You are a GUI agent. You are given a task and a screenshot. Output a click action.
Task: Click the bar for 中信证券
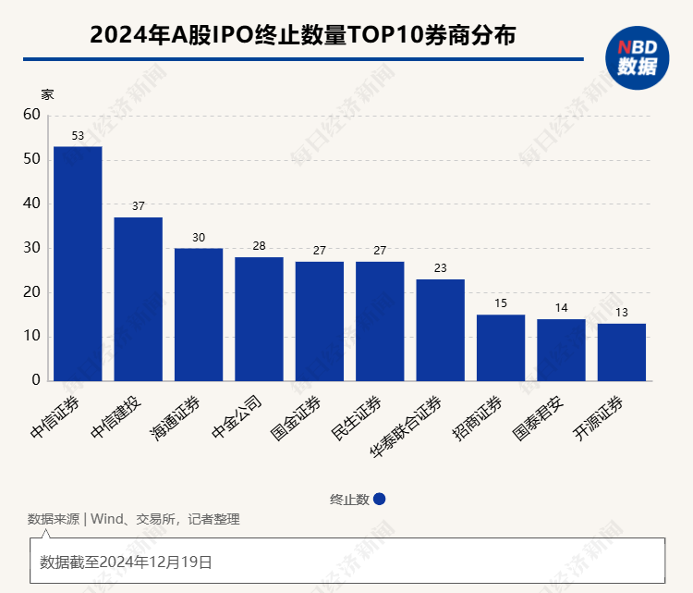tap(78, 264)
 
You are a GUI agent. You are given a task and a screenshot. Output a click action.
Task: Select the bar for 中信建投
tap(139, 299)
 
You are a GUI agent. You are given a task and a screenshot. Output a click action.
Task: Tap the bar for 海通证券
tap(199, 315)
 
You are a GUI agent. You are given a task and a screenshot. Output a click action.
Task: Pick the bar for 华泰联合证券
tap(440, 330)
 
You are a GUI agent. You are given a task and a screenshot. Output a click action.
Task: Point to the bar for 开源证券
tap(621, 352)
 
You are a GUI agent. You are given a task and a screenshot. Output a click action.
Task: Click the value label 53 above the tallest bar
tap(78, 136)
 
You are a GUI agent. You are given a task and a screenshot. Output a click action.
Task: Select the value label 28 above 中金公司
tap(259, 247)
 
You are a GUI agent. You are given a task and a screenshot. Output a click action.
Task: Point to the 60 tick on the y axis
tap(32, 115)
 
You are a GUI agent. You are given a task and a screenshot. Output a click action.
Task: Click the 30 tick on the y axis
tap(32, 248)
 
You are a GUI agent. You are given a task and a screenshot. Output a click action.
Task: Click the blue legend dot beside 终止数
tap(380, 499)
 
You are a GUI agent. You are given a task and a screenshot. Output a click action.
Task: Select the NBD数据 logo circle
tap(638, 57)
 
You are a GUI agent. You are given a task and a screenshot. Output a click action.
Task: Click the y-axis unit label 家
tap(47, 93)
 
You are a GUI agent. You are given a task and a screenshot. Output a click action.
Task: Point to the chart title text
tap(302, 35)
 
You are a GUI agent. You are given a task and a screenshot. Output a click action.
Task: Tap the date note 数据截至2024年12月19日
tap(127, 561)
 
